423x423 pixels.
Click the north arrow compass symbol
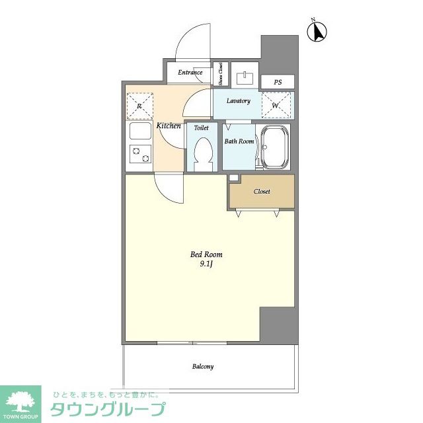pos(319,31)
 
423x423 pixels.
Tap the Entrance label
pos(190,72)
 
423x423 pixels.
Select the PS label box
pos(278,82)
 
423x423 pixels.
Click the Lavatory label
pos(238,101)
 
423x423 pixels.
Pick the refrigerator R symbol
pos(139,105)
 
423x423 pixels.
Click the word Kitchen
pos(169,125)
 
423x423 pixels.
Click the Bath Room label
pos(239,141)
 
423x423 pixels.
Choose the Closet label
pos(262,192)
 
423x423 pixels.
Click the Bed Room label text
pos(206,254)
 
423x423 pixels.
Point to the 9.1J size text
pos(206,264)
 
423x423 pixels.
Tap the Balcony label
pos(203,366)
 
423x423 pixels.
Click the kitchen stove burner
pos(139,153)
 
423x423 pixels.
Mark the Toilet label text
pos(201,128)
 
